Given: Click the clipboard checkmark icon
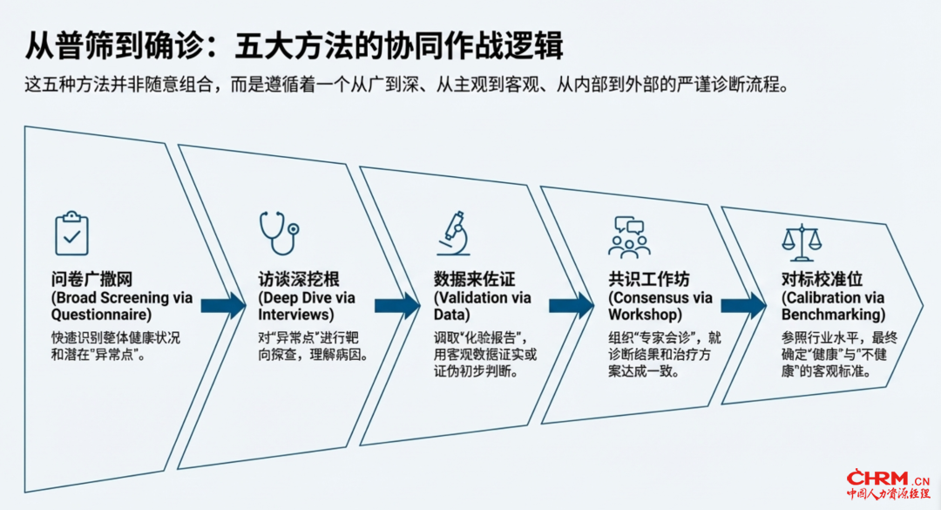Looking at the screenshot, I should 71,233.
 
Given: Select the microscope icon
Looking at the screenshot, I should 454,235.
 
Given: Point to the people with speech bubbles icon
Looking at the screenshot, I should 628,237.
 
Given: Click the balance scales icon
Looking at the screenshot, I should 802,241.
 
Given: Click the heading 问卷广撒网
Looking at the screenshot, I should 91,280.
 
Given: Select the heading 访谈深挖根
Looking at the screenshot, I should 298,280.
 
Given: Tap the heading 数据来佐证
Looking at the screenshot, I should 474,280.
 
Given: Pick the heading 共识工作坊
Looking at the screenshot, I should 648,280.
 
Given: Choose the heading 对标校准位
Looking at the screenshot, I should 822,280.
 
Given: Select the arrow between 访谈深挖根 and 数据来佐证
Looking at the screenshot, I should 397,305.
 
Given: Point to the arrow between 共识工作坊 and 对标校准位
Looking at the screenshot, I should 742,305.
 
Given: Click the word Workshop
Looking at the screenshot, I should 644,315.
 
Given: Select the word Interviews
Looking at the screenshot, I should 295,315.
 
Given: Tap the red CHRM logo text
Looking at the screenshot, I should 879,479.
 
